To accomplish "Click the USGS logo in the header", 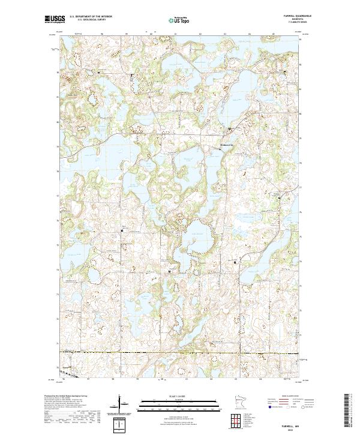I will [54, 19].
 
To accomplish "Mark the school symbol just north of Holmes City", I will [229, 129].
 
